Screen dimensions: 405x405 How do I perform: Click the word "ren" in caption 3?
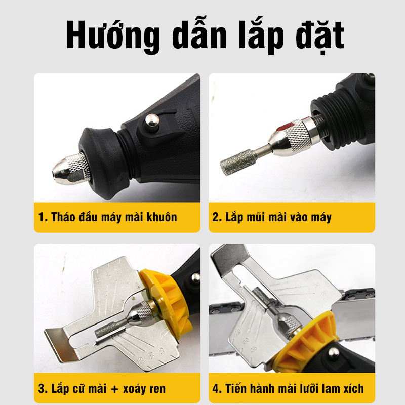point(156,389)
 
